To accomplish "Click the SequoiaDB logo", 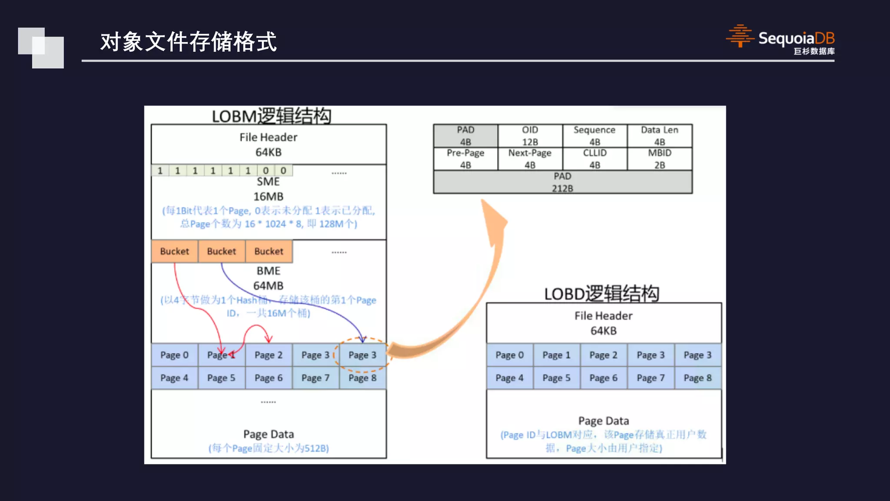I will (780, 40).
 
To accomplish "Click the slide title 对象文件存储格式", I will (188, 42).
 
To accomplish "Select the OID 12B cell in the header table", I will (530, 136).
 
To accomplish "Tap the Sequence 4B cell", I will (594, 136).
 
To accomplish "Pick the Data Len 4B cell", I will (659, 136).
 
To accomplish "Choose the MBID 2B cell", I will (659, 159).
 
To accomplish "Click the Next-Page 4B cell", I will (530, 159).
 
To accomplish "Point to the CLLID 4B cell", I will (594, 159).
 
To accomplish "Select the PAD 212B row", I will (562, 182).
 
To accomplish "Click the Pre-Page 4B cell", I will (465, 159).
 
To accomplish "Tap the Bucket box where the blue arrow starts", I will (222, 251).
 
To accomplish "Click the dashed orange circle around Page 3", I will (362, 355).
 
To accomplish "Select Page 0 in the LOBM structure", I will (174, 355).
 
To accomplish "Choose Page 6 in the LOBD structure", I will (603, 378).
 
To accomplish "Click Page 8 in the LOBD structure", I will (697, 378).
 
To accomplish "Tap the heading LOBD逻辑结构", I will (602, 294).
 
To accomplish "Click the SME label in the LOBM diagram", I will (268, 182).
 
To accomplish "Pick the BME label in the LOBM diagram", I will (268, 271).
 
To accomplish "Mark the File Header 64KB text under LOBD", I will (603, 323).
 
